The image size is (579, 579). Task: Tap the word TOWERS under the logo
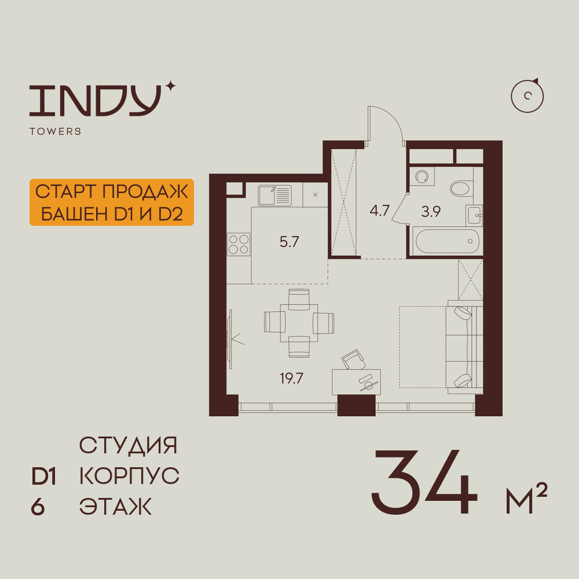tap(56, 131)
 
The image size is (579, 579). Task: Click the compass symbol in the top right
tap(527, 96)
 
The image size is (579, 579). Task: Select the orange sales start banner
tap(112, 202)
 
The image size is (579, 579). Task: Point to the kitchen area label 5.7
tap(289, 242)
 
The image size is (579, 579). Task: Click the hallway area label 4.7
tap(380, 211)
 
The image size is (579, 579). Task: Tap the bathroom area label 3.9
tap(431, 211)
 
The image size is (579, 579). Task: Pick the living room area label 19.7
tap(291, 379)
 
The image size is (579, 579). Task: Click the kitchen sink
tap(274, 195)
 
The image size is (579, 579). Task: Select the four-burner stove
tap(239, 244)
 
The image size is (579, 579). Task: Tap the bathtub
tap(447, 241)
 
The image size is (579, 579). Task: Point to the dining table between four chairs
tap(299, 323)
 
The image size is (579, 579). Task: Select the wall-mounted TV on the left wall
tap(230, 339)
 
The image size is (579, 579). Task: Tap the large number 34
tap(424, 482)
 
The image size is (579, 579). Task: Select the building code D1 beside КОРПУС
tap(43, 477)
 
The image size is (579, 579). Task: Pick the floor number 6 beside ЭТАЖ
tap(38, 507)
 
